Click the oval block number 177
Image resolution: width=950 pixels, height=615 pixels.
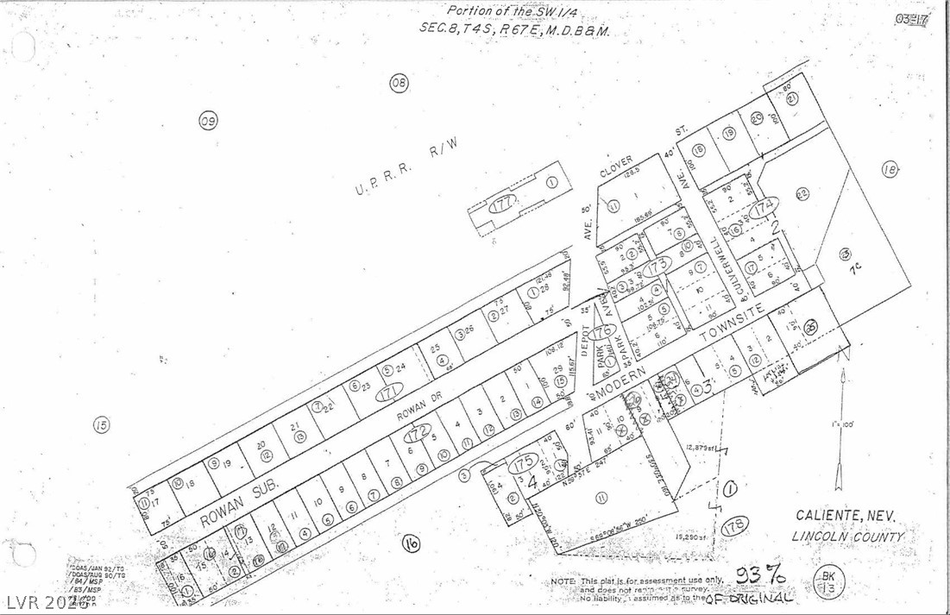click(503, 204)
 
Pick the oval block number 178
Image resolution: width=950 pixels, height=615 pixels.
click(735, 526)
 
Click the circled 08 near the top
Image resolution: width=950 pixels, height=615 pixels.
click(399, 83)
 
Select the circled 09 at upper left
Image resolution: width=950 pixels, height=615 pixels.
click(208, 122)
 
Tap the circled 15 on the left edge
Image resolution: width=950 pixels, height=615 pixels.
click(101, 424)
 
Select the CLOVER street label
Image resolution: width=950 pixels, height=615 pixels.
click(615, 166)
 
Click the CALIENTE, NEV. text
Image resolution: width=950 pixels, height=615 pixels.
click(845, 515)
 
